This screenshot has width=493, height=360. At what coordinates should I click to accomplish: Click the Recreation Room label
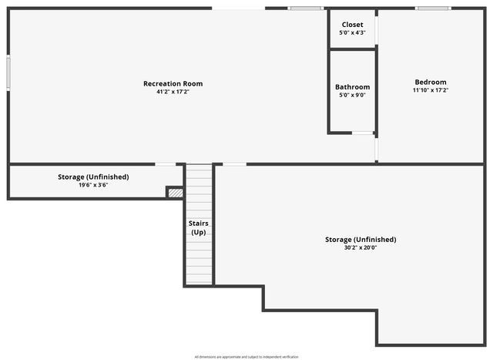[173, 83]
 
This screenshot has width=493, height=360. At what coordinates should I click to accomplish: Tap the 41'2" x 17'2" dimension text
[173, 92]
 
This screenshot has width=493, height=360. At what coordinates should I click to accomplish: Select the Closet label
[352, 25]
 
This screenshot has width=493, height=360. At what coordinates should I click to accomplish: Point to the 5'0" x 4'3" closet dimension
[352, 33]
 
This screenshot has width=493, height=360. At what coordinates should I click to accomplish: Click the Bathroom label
[352, 87]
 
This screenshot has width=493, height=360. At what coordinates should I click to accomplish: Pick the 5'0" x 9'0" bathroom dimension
[352, 96]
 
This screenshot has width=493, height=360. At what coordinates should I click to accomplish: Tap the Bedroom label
[430, 82]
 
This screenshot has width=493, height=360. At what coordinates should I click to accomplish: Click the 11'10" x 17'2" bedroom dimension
[430, 90]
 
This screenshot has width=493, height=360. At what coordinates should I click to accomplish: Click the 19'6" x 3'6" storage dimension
[93, 185]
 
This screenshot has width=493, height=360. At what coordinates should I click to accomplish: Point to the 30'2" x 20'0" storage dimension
[361, 247]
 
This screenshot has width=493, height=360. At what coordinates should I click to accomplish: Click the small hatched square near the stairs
[176, 192]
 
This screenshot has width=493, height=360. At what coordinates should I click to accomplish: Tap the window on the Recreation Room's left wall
[8, 72]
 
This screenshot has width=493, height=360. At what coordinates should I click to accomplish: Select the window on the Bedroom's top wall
[434, 8]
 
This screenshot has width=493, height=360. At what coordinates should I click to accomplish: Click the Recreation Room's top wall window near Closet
[305, 8]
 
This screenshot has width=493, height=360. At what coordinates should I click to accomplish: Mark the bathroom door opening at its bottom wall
[363, 133]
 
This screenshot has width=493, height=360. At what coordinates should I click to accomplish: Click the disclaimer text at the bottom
[246, 356]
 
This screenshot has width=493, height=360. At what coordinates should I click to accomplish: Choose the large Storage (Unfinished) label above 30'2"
[361, 239]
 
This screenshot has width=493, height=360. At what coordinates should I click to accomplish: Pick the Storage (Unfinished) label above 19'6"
[93, 177]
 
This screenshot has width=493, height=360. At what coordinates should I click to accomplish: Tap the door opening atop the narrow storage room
[166, 163]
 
